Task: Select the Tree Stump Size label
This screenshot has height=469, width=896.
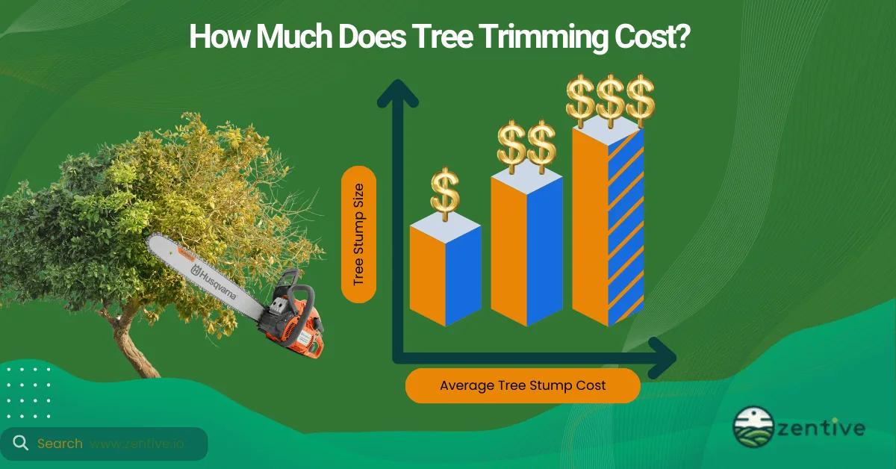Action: coord(358,234)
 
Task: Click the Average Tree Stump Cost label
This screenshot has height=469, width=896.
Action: coord(523,385)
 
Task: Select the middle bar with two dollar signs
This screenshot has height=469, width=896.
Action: coord(526,250)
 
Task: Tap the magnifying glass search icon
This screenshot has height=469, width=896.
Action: coord(20,444)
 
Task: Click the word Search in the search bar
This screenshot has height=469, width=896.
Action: coord(60,444)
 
